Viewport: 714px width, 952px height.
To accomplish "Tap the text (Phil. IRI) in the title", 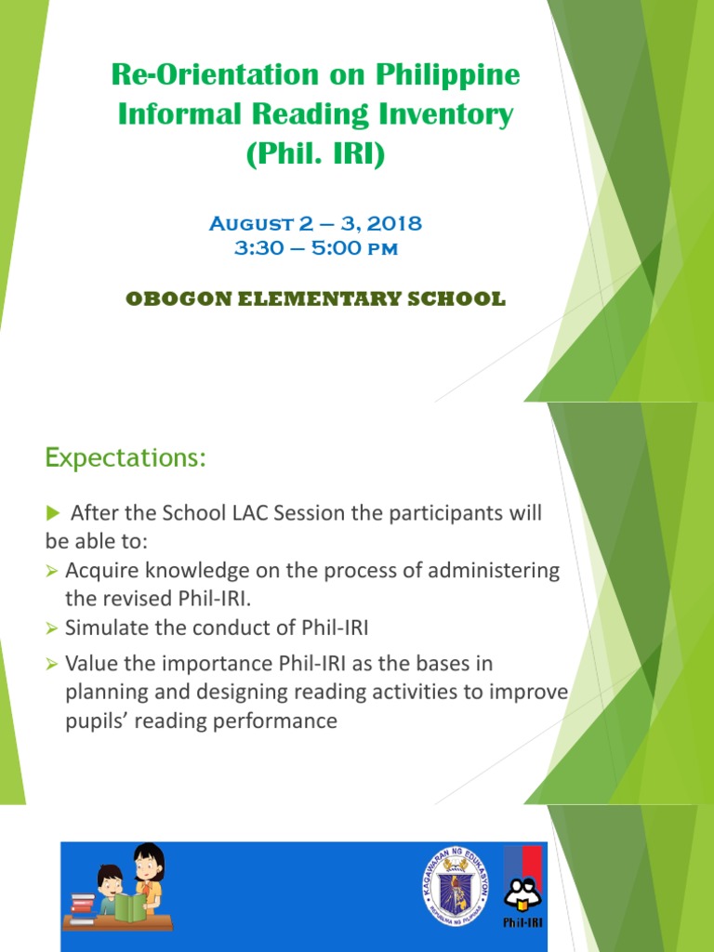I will (x=315, y=154).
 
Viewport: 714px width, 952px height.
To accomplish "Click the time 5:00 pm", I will (x=380, y=249).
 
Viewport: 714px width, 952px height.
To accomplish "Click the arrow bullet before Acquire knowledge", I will (x=52, y=571).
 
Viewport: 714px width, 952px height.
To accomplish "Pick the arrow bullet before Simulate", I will (x=52, y=629).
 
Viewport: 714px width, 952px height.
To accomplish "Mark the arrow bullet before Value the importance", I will (x=52, y=665).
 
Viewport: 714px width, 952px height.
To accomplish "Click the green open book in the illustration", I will (x=131, y=906).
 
